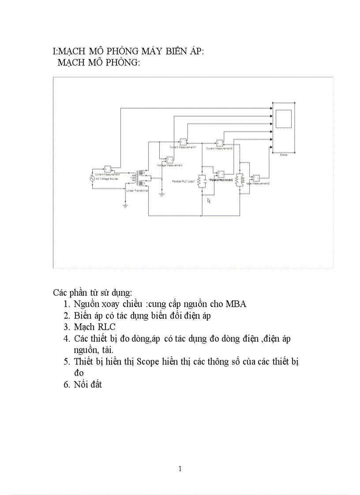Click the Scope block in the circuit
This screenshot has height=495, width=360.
[284, 127]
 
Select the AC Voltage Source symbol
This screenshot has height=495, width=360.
[93, 178]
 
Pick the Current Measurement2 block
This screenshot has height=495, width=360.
[220, 143]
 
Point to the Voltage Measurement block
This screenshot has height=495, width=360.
[169, 160]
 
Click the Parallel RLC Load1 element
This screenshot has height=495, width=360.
[202, 181]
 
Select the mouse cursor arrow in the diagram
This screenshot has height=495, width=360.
[209, 201]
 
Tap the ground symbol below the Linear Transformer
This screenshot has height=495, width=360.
[126, 205]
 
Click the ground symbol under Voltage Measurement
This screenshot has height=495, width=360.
[161, 194]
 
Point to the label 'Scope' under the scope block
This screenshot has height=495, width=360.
[284, 154]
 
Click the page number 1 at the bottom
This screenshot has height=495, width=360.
[180, 469]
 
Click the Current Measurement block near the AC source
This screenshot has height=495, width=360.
[107, 169]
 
